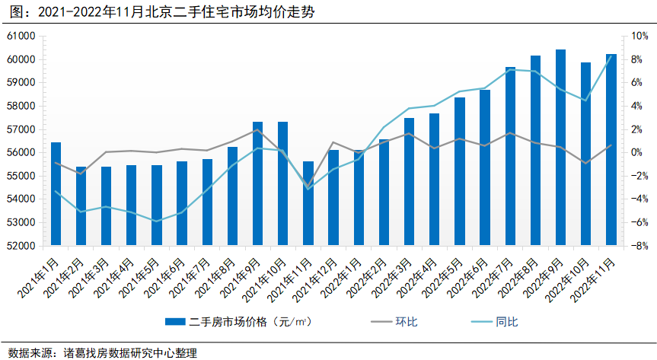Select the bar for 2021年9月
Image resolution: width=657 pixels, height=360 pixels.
(257, 183)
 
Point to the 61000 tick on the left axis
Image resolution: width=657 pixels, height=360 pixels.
(22, 36)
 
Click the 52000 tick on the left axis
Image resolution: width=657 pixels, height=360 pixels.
(22, 246)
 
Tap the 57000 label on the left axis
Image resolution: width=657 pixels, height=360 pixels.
(22, 129)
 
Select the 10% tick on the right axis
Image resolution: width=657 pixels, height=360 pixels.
(638, 36)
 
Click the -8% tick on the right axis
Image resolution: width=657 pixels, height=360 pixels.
(638, 246)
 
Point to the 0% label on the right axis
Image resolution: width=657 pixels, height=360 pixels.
(636, 152)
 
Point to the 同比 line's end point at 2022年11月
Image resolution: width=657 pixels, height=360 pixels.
(611, 56)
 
